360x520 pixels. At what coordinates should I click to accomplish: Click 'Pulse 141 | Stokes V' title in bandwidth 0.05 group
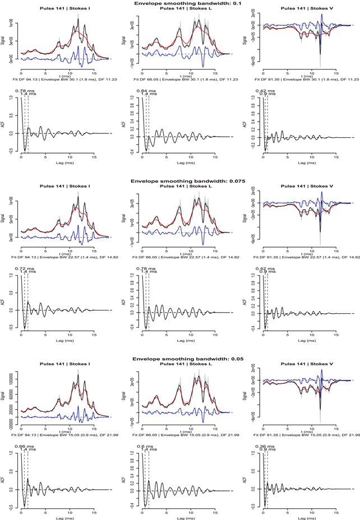[x=300, y=363]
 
